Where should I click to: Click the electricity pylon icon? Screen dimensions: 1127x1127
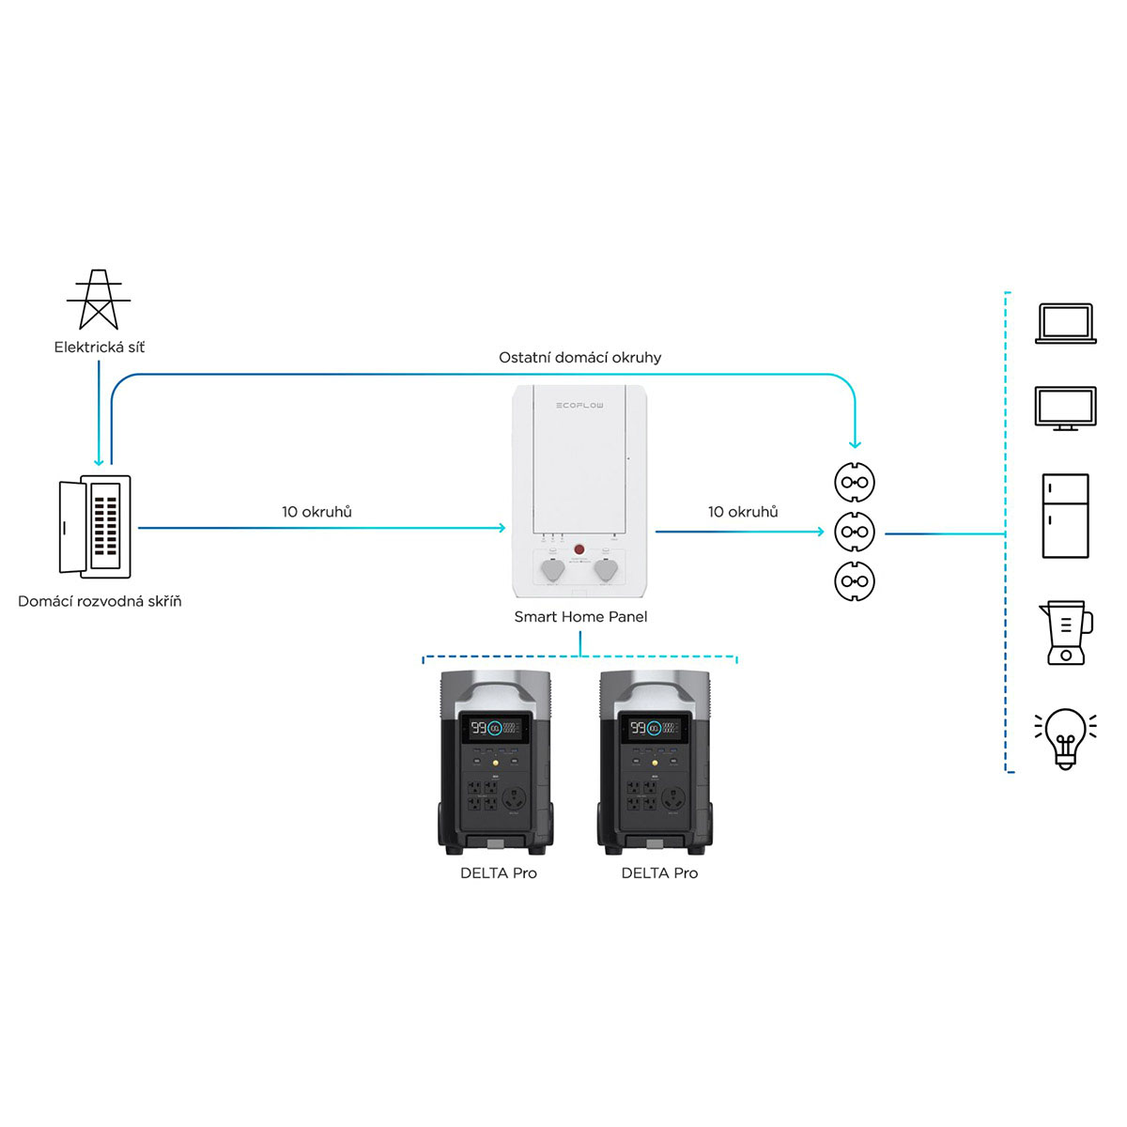click(99, 300)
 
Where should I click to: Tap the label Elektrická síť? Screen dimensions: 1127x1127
click(100, 347)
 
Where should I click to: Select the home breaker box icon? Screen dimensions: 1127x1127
click(95, 526)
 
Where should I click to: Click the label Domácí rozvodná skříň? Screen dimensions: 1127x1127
click(100, 601)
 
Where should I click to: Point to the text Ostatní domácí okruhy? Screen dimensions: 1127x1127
click(579, 358)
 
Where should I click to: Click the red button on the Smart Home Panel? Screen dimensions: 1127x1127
click(579, 548)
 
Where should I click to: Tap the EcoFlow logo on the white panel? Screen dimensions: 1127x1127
click(579, 406)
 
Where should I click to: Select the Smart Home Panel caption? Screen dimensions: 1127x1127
click(580, 617)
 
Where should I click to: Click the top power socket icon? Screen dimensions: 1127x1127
click(854, 484)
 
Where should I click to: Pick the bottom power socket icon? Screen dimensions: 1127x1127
click(854, 581)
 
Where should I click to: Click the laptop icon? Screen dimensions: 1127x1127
click(1065, 323)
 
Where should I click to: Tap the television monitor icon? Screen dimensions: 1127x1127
click(1065, 409)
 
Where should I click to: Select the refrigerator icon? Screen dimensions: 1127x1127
click(1065, 516)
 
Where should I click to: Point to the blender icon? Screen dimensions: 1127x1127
click(1065, 633)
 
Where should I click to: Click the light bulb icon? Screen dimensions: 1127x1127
click(1065, 738)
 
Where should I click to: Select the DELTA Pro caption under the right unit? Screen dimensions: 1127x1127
click(659, 873)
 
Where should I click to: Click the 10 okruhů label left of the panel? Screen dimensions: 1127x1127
click(316, 512)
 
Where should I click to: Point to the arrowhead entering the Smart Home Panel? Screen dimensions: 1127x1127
click(502, 528)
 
